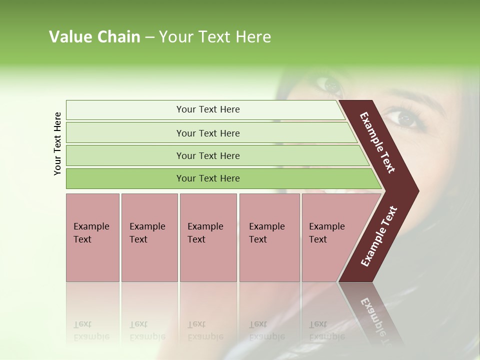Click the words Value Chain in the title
pyautogui.click(x=94, y=37)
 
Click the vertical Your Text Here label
pyautogui.click(x=57, y=143)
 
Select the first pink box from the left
pyautogui.click(x=92, y=237)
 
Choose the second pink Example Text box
pyautogui.click(x=149, y=237)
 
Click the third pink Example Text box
pyautogui.click(x=208, y=237)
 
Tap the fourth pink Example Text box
pyautogui.click(x=269, y=237)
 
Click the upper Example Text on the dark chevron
pyautogui.click(x=377, y=142)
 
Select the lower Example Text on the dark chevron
pyautogui.click(x=378, y=236)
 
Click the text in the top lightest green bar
pyautogui.click(x=208, y=109)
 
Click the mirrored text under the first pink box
pyautogui.click(x=91, y=330)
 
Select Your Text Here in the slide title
pyautogui.click(x=214, y=37)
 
